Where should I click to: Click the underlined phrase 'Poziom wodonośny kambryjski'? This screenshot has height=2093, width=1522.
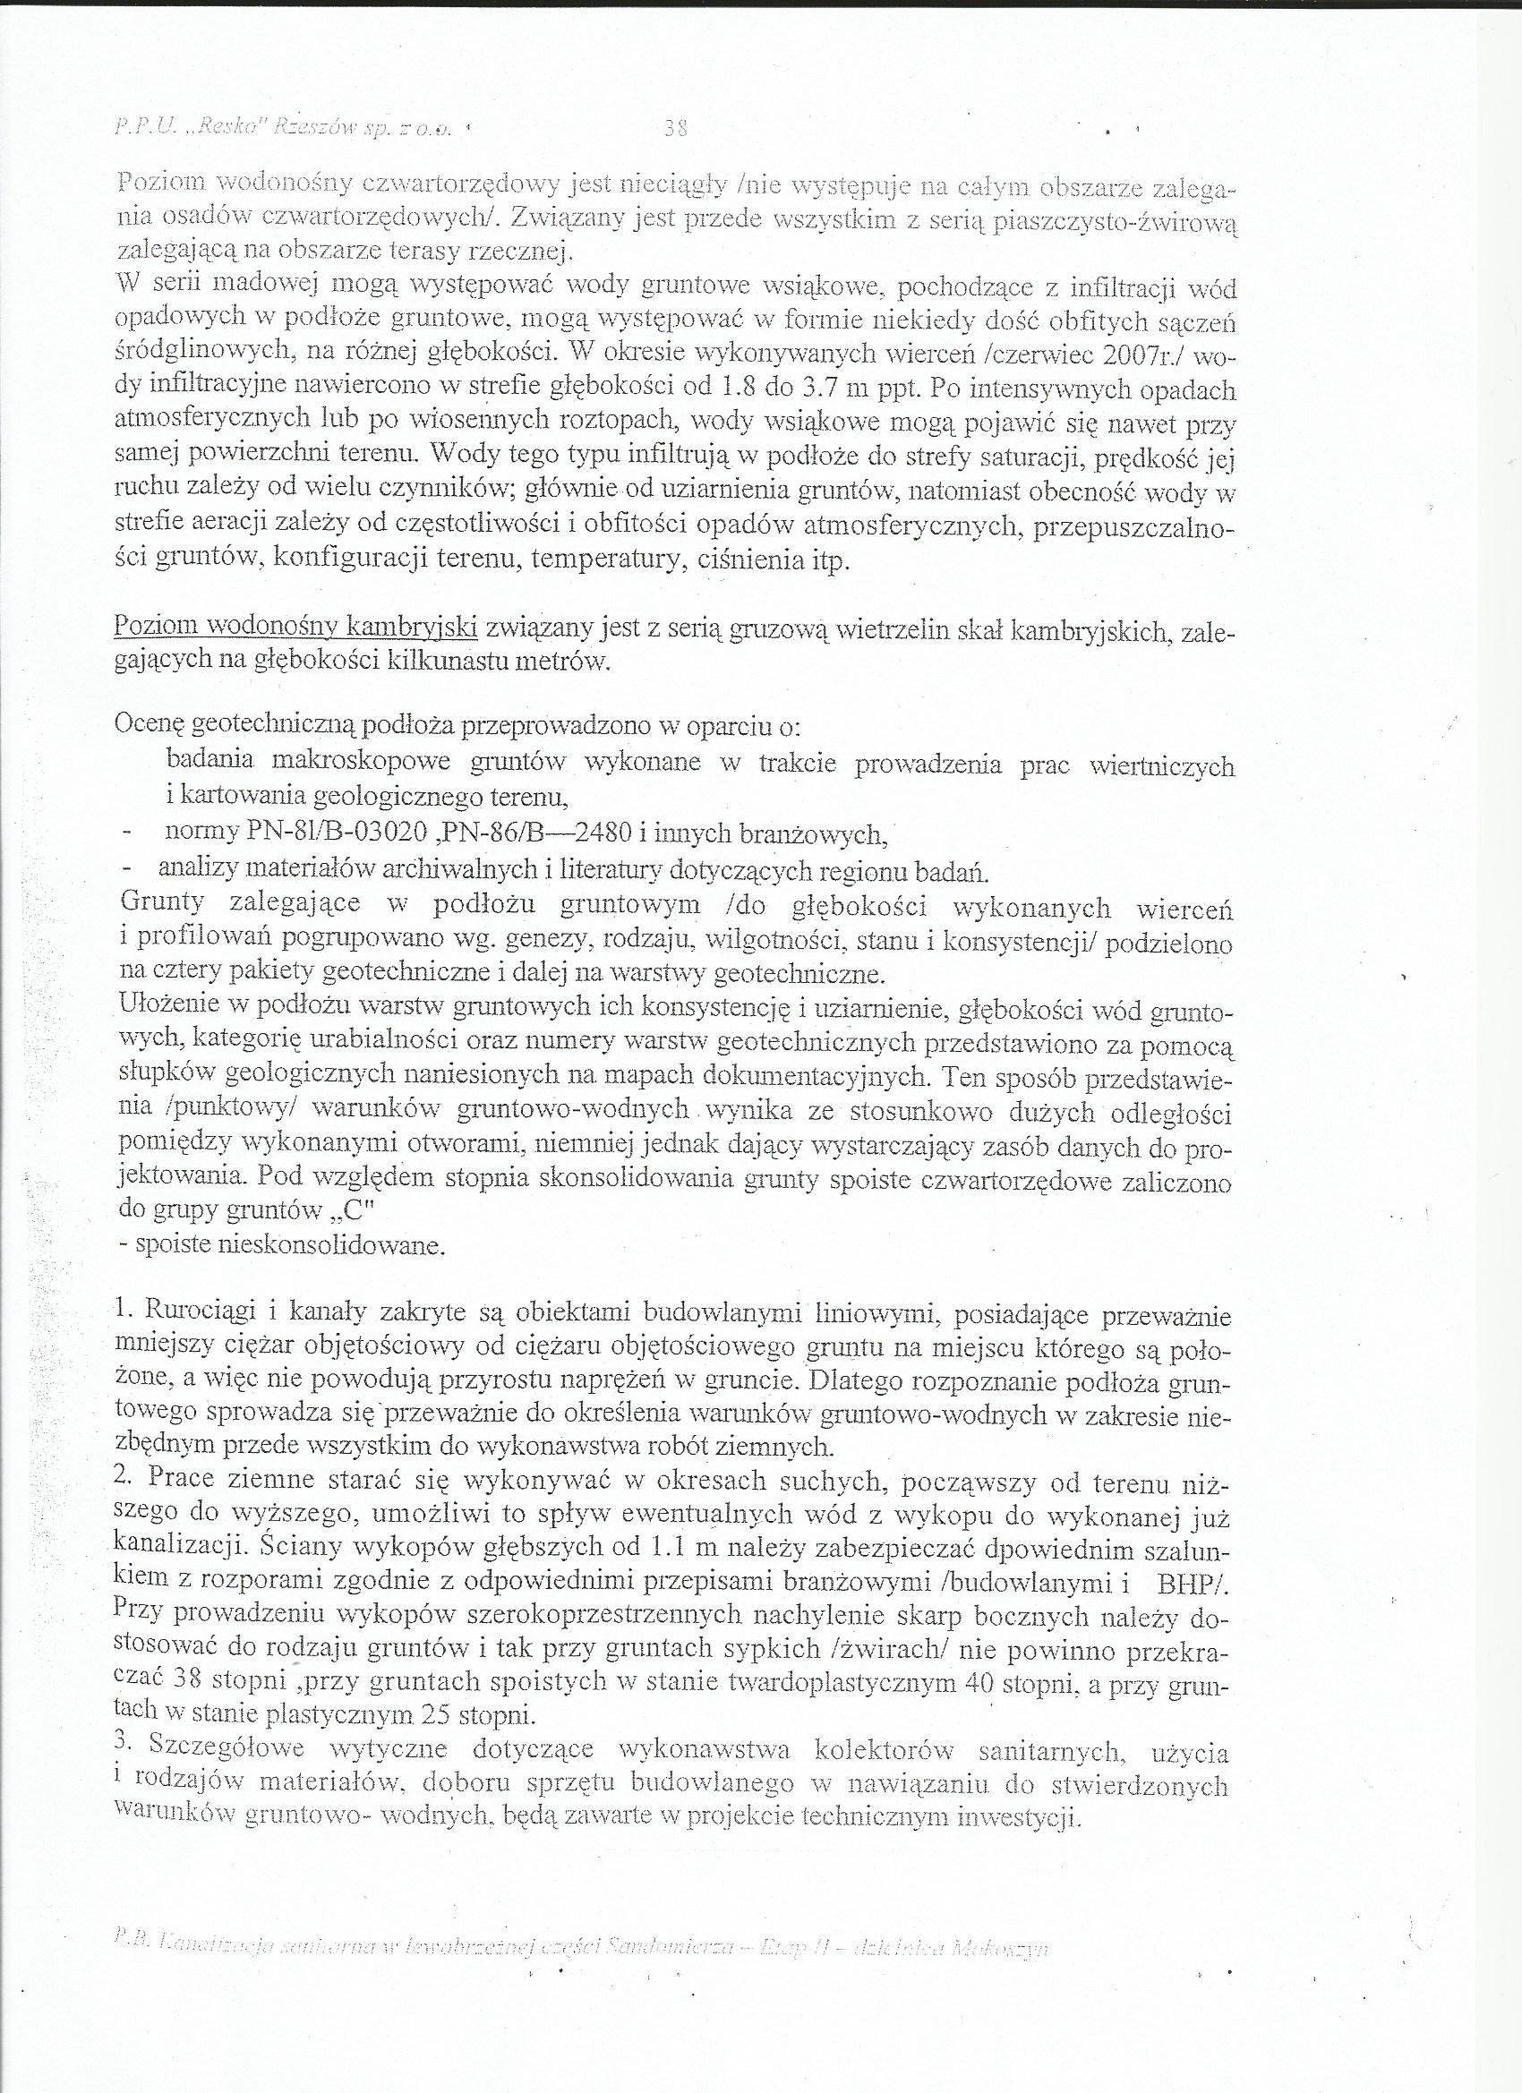pyautogui.click(x=295, y=628)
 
